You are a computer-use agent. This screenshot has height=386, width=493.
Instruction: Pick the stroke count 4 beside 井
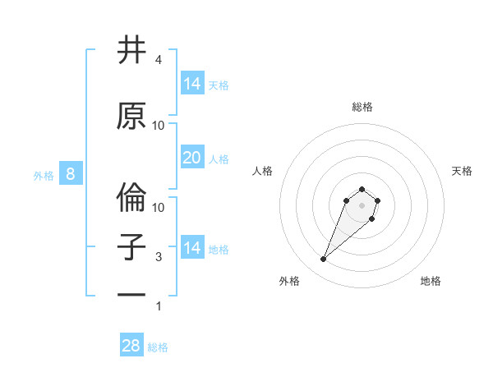pyautogui.click(x=159, y=60)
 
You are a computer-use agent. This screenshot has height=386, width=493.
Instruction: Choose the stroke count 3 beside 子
pyautogui.click(x=159, y=257)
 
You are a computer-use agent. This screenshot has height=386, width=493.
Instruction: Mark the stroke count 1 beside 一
pyautogui.click(x=159, y=306)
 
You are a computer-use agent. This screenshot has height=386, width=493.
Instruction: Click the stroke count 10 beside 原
pyautogui.click(x=159, y=126)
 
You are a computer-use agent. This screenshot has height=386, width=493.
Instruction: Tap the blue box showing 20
pyautogui.click(x=192, y=158)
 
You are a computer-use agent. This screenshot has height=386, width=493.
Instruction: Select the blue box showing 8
pyautogui.click(x=71, y=174)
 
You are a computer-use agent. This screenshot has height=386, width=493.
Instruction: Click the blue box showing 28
pyautogui.click(x=131, y=346)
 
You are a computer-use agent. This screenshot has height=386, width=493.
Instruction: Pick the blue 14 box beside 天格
pyautogui.click(x=192, y=84)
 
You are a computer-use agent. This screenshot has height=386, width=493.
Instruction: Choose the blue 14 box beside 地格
pyautogui.click(x=192, y=248)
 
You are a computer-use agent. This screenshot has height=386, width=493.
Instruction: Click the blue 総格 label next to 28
pyautogui.click(x=158, y=347)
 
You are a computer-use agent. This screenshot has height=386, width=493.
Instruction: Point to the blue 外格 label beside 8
pyautogui.click(x=43, y=175)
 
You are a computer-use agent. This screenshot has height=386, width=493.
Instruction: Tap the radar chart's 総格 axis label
pyautogui.click(x=362, y=107)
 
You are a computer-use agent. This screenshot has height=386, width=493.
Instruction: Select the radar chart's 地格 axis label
pyautogui.click(x=431, y=281)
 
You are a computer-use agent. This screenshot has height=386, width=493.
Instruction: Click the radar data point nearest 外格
pyautogui.click(x=324, y=260)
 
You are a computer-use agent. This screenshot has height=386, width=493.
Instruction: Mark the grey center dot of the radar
pyautogui.click(x=362, y=204)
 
